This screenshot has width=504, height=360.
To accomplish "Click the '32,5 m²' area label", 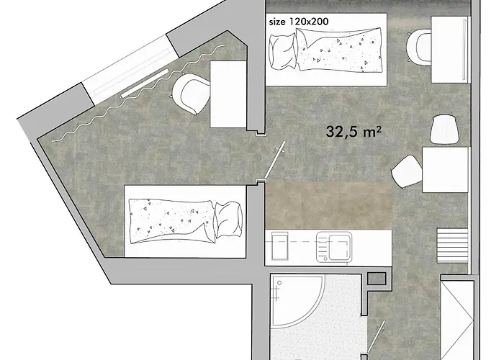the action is pyautogui.click(x=354, y=132).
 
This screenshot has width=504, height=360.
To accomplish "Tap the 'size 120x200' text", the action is pyautogui.click(x=299, y=22).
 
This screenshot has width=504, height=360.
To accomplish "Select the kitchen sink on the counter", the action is pyautogui.click(x=334, y=247).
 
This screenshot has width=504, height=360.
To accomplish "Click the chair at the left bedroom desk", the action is pyautogui.click(x=190, y=93).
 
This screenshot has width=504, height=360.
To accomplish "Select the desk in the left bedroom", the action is pyautogui.click(x=228, y=94).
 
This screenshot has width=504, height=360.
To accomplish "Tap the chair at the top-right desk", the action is pyautogui.click(x=418, y=46).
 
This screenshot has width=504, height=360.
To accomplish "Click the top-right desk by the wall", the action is pyautogui.click(x=449, y=50).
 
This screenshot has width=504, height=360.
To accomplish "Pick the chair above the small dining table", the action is pyautogui.click(x=444, y=130).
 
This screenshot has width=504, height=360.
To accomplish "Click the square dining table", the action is pyautogui.click(x=445, y=170).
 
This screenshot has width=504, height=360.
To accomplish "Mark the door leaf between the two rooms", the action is pyautogui.click(x=274, y=160).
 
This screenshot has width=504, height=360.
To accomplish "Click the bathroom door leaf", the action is pyautogui.click(x=376, y=337).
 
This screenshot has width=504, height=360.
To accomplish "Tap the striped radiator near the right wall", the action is pyautogui.click(x=452, y=246).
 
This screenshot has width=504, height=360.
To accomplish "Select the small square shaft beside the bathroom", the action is pyautogui.click(x=377, y=279).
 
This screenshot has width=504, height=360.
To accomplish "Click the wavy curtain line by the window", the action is pyautogui.click(x=138, y=93).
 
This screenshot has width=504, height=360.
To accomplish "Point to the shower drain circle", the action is pyautogui.click(x=279, y=283).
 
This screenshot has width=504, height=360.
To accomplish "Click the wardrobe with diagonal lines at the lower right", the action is pyautogui.click(x=456, y=320).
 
